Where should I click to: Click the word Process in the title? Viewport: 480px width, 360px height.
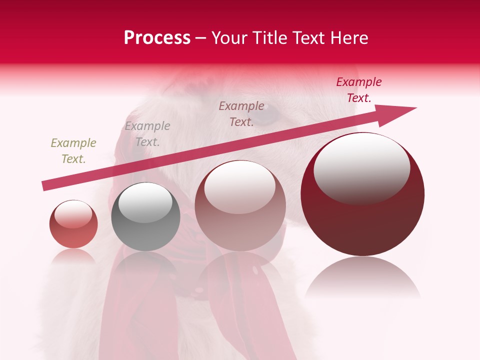(157, 38)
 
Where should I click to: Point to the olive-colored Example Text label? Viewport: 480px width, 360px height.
(73, 150)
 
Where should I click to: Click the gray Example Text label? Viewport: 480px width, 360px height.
(147, 133)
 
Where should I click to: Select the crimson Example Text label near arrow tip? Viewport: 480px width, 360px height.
(359, 89)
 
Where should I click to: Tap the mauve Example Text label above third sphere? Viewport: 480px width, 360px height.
(241, 113)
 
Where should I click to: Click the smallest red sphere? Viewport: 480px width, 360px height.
(73, 224)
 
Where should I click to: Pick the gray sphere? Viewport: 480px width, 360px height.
(145, 217)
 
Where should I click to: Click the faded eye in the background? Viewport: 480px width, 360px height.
(268, 116)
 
